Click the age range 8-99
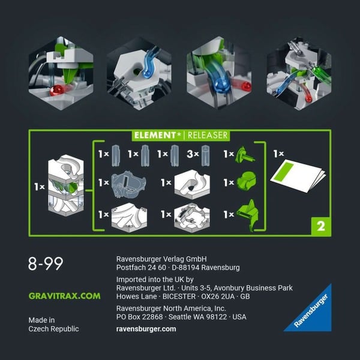pos(46,264)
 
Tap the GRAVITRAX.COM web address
pos(64,296)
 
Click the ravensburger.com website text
pos(146,329)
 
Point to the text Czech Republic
pos(53,329)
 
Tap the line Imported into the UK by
pos(155,279)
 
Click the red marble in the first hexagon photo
pos(56,90)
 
